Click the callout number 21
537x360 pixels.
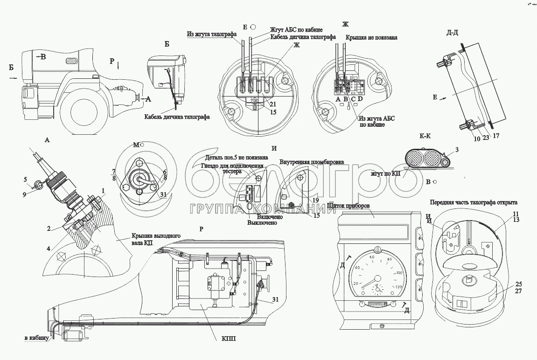[273, 104]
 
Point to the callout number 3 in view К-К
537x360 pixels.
[457, 150]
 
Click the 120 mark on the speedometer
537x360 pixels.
[399, 288]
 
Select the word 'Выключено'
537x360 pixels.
[262, 223]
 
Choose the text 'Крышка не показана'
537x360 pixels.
[371, 37]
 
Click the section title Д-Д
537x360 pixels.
[453, 32]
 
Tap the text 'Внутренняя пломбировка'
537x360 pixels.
[312, 162]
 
